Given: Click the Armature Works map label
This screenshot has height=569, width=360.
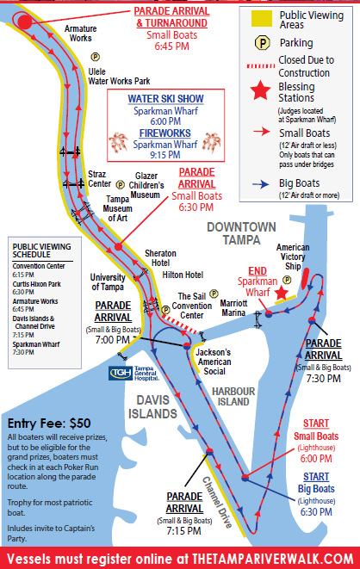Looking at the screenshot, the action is (x=81, y=34).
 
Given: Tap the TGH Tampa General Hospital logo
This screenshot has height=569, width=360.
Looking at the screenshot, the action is (x=133, y=374).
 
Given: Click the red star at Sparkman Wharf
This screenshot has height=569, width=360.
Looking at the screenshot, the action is (x=281, y=293).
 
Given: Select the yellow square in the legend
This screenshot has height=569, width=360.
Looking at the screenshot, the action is (x=262, y=18).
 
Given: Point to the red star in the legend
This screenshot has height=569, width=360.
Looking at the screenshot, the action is (x=260, y=90).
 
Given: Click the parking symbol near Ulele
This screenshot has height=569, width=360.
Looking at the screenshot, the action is (x=95, y=57).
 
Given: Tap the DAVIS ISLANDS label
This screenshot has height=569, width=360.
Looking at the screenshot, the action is (x=152, y=407).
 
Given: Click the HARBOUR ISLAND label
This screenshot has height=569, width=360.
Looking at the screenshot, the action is (x=233, y=397).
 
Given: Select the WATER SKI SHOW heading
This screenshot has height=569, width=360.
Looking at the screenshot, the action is (x=166, y=99).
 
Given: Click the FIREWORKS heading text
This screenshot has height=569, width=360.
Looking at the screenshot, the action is (x=165, y=133).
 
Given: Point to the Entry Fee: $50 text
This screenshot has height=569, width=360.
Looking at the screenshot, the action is (x=49, y=424).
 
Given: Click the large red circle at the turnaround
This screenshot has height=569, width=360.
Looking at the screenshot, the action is (x=25, y=22).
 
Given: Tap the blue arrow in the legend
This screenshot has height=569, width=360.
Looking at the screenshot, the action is (x=261, y=184).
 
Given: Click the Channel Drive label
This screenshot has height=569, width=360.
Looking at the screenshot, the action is (x=217, y=502).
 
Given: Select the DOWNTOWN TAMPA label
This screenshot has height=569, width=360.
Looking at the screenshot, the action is (x=241, y=233).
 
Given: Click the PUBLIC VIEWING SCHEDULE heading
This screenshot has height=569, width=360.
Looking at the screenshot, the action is (x=41, y=250).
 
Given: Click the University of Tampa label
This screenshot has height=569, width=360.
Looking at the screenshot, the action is (x=108, y=282).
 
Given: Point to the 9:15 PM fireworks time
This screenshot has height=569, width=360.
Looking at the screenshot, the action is (x=165, y=155).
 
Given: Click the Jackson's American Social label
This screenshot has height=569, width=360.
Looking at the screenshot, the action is (x=214, y=362).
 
